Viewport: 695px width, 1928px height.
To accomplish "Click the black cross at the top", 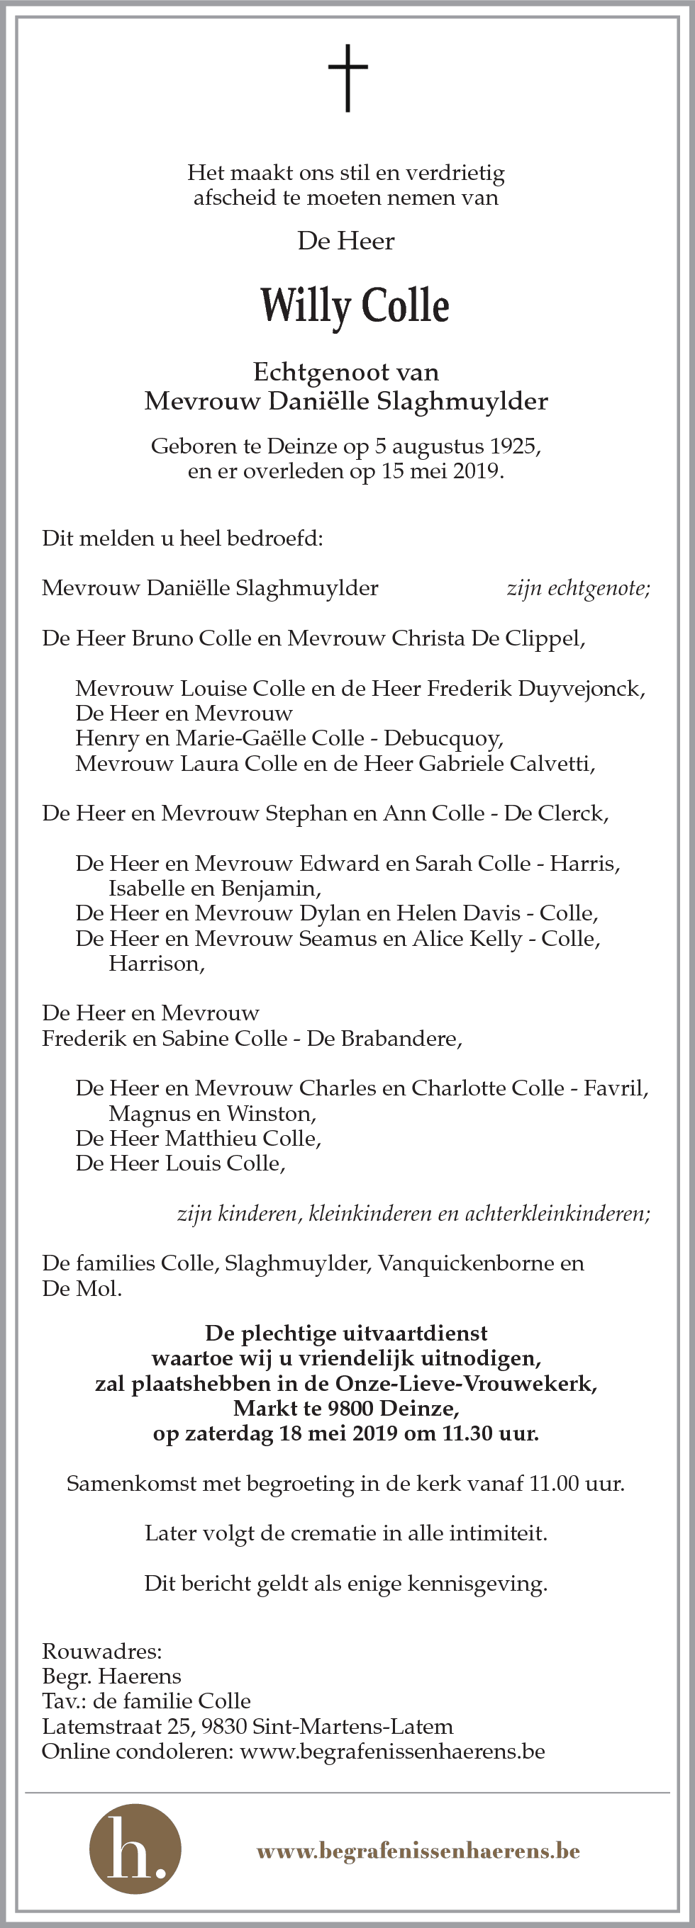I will click(x=347, y=78).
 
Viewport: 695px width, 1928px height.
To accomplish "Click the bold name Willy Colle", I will click(x=355, y=306).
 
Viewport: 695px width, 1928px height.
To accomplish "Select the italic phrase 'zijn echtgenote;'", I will click(x=578, y=588).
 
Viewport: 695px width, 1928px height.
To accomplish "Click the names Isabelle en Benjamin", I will click(x=214, y=889).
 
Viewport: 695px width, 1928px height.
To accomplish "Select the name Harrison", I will click(x=156, y=963).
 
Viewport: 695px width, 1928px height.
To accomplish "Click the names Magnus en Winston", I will click(x=212, y=1114).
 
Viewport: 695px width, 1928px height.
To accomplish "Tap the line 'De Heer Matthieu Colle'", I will click(x=198, y=1139).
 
